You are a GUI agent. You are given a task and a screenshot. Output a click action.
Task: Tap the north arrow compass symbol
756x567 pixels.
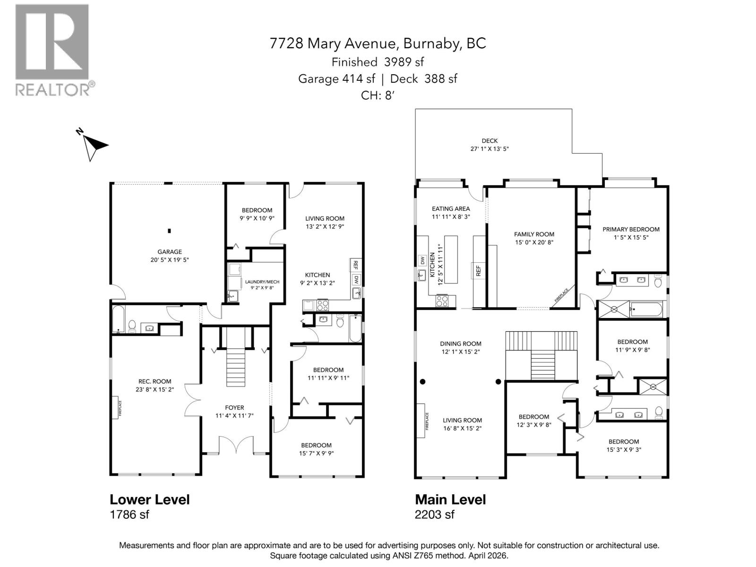pos(94,145)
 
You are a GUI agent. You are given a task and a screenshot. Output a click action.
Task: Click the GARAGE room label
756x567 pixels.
pos(170,252)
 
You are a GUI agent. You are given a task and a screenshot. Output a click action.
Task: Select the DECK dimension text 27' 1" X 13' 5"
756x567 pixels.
pos(489,148)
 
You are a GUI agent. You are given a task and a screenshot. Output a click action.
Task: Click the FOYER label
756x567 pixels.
pos(234,407)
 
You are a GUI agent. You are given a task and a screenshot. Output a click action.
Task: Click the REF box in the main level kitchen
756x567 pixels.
pos(478,270)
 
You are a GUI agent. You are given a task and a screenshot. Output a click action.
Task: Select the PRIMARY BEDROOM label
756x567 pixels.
pos(631,229)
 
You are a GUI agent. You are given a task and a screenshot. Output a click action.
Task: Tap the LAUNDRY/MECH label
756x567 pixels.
pos(259,282)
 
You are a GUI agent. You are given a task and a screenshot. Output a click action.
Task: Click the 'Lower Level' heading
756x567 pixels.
pos(149,499)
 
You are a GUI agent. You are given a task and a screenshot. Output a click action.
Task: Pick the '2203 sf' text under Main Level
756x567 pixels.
pos(434,515)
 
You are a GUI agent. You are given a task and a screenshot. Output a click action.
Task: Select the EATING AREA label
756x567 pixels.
pos(451,208)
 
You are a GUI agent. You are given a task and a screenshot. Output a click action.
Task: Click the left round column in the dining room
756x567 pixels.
pos(422,381)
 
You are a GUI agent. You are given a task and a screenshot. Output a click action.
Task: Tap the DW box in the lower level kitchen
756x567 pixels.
pos(356,279)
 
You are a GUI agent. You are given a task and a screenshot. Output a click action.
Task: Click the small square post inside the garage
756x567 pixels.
pos(169,231)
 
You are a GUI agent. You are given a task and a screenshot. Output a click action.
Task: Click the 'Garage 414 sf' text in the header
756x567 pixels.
pos(336,79)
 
